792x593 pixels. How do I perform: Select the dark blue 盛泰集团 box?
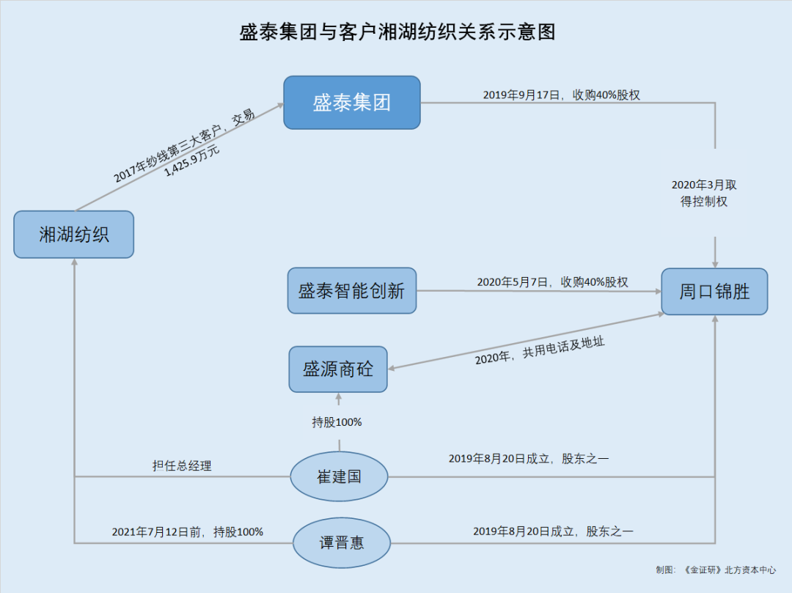(352, 103)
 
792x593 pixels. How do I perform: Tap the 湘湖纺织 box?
(74, 235)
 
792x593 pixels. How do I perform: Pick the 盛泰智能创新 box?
(351, 291)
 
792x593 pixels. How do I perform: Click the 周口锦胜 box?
(714, 292)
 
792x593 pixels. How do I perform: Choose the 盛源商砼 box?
(338, 369)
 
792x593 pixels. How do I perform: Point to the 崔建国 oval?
(339, 476)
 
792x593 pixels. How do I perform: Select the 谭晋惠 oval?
(341, 543)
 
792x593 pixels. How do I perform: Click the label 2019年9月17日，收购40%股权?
(562, 95)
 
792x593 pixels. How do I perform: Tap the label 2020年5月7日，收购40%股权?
(552, 282)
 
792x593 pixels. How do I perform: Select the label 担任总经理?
(182, 465)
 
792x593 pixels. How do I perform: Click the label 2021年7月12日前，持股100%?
(187, 532)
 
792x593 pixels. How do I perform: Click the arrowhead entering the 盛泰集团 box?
(279, 106)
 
